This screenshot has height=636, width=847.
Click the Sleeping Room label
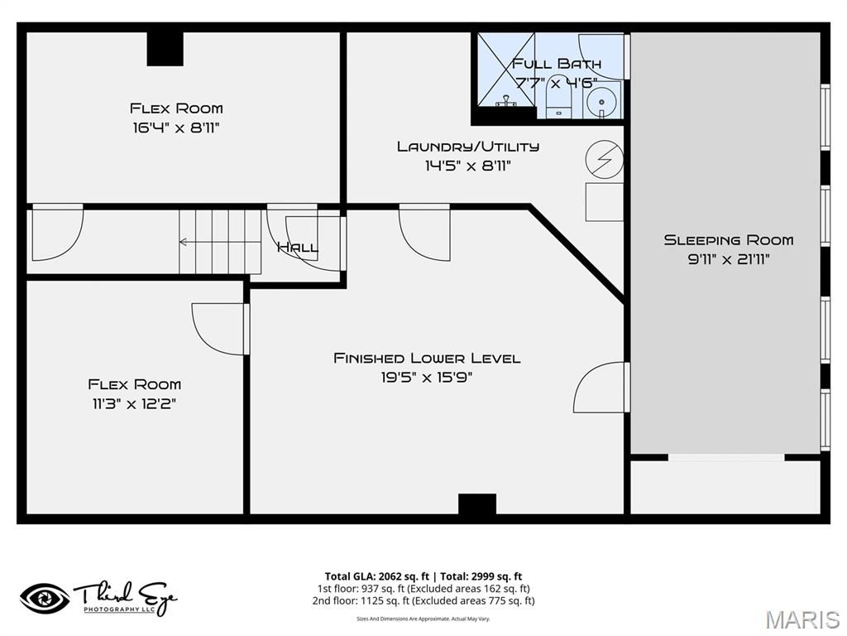(x=728, y=240)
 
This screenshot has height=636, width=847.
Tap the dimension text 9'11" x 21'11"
(x=728, y=259)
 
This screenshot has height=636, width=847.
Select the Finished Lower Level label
(x=427, y=358)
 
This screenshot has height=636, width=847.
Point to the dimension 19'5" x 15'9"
(x=427, y=378)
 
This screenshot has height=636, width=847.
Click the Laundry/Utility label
(x=467, y=147)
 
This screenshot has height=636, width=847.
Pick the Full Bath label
(x=556, y=64)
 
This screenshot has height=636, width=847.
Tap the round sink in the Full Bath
(x=603, y=102)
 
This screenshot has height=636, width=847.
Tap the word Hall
(x=296, y=248)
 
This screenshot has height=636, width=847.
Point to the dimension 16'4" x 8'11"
(x=176, y=128)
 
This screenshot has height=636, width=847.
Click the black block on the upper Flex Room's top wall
(x=165, y=49)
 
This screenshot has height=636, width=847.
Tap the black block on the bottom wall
(x=477, y=506)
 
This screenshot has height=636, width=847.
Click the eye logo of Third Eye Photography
(x=45, y=598)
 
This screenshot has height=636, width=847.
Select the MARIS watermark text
(x=802, y=619)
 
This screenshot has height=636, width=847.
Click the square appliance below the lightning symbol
(x=604, y=202)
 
